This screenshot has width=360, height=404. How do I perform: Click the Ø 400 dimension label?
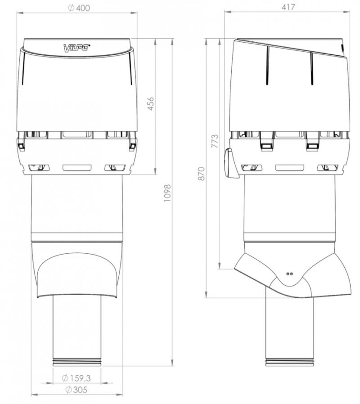[79, 8]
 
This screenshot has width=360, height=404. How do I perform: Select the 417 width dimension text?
[288, 7]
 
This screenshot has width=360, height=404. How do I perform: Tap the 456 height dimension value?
[151, 103]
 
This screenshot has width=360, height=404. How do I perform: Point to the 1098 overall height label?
[167, 193]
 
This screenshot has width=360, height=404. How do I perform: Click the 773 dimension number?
[214, 141]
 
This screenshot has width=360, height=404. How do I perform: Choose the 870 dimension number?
[202, 174]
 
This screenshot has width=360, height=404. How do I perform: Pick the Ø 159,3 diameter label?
[76, 378]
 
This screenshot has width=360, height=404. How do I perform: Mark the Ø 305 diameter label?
[76, 390]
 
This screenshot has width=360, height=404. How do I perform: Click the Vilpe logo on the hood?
[77, 48]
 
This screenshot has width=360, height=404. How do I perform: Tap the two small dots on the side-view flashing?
[289, 274]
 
